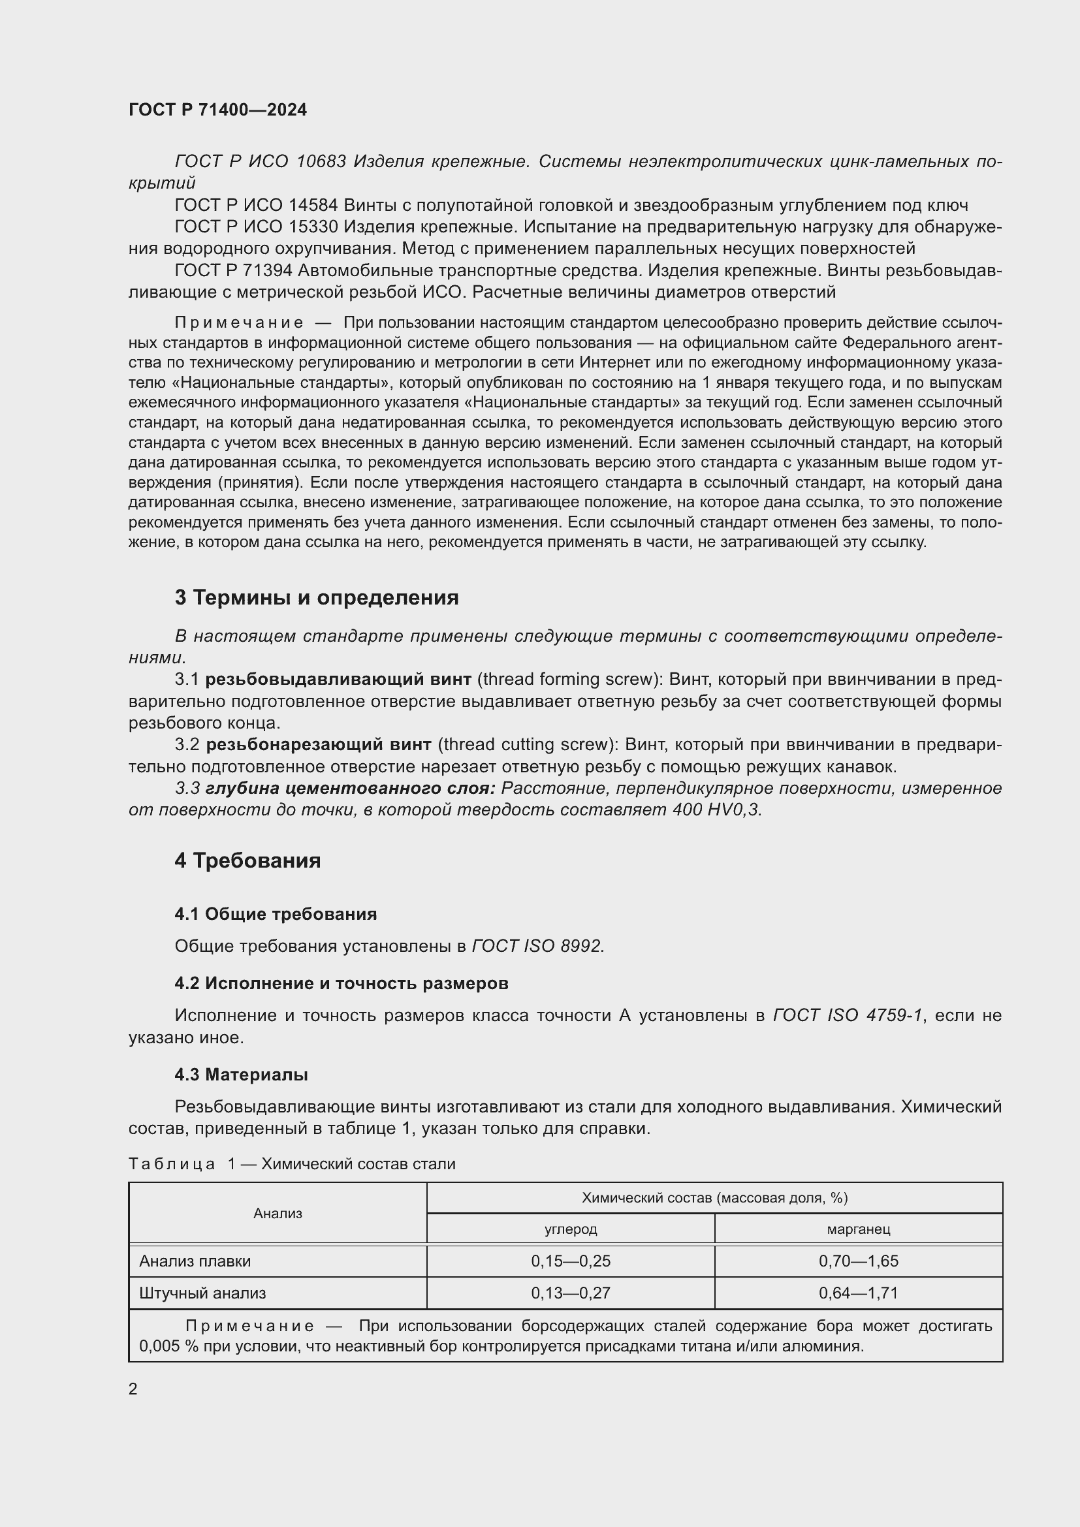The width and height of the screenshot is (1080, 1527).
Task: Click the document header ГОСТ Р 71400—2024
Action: (x=217, y=110)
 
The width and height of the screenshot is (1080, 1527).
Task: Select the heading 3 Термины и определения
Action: (x=317, y=598)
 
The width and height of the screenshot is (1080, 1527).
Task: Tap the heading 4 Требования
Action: (x=247, y=860)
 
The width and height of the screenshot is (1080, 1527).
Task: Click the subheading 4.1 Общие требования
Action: (x=276, y=914)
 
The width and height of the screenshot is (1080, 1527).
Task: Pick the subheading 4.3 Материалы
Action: (x=241, y=1075)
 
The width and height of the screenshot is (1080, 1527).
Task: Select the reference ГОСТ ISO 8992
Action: (x=538, y=946)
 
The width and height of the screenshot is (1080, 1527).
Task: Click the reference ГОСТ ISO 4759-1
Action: (x=848, y=1015)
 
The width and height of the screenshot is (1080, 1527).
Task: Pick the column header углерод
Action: (x=571, y=1229)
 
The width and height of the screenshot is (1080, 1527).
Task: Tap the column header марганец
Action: (x=858, y=1229)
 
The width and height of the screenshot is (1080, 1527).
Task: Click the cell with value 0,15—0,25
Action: (x=571, y=1261)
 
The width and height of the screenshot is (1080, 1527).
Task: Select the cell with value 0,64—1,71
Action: (x=858, y=1293)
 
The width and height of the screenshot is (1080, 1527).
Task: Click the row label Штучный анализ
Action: (x=203, y=1293)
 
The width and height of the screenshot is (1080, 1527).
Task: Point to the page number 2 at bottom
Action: (x=133, y=1389)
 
